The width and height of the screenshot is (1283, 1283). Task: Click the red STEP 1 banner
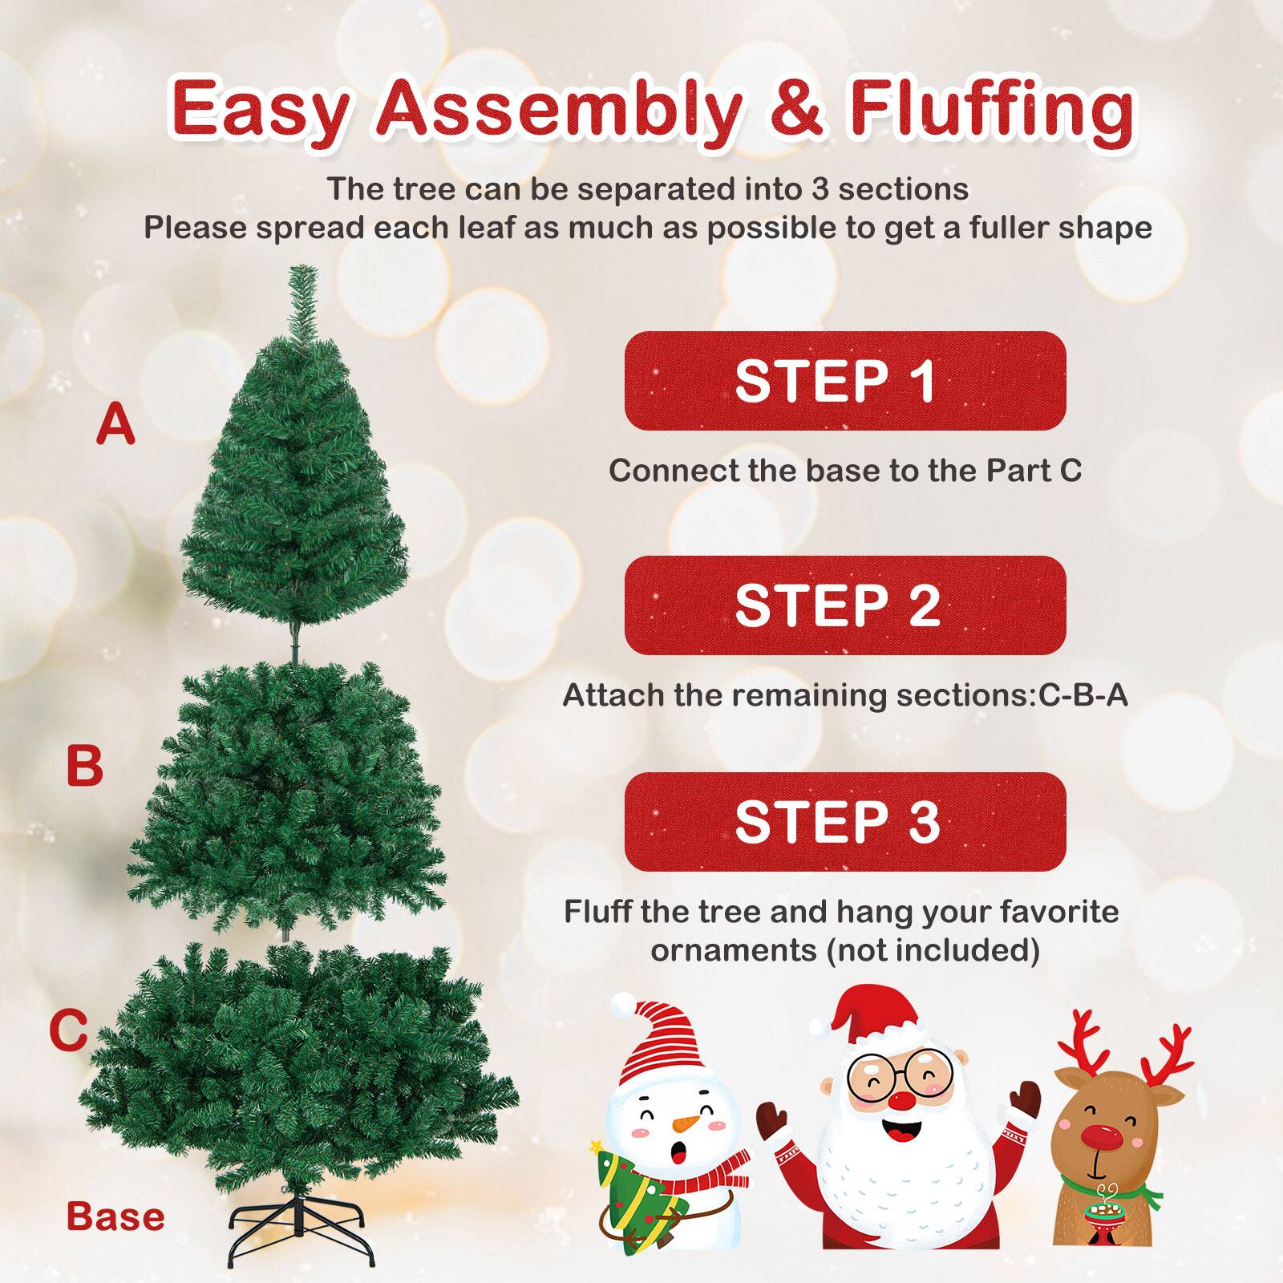pyautogui.click(x=844, y=381)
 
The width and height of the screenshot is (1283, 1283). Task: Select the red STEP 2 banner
pyautogui.click(x=844, y=605)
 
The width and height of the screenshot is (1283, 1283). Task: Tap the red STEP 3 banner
pyautogui.click(x=844, y=822)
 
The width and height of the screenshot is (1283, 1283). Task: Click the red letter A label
pyautogui.click(x=115, y=425)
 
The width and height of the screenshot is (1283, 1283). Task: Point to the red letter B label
pyautogui.click(x=84, y=766)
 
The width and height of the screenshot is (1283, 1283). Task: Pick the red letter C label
pyautogui.click(x=68, y=1030)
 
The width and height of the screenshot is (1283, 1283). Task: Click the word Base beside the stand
pyautogui.click(x=115, y=1216)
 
